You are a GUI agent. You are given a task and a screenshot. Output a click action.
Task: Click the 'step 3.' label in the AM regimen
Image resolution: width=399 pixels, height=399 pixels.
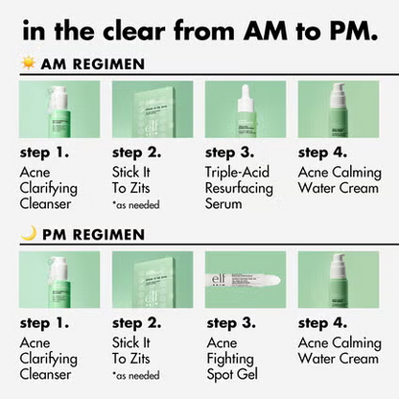pos(234,151)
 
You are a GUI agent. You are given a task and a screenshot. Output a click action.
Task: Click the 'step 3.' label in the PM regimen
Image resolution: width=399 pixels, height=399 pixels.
pos(234,321)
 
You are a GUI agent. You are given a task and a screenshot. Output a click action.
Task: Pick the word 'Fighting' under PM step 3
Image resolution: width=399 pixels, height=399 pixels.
pos(234,359)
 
